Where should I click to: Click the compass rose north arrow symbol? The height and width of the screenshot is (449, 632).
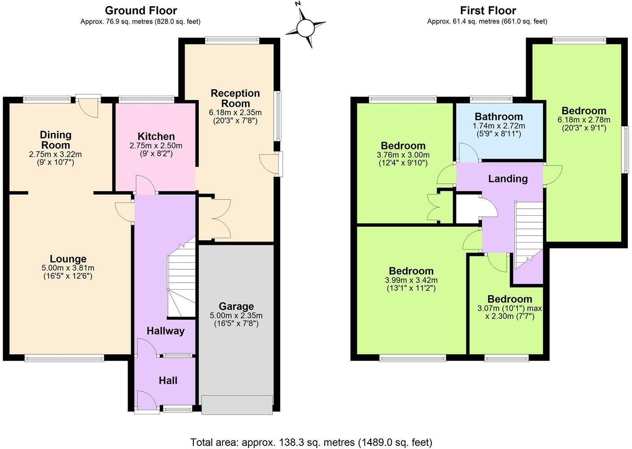click(x=306, y=27)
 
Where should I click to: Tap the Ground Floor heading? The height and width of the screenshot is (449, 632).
click(x=140, y=10)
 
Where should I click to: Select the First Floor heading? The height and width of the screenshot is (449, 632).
click(x=488, y=10)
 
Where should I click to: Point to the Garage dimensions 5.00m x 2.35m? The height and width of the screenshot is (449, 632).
click(x=236, y=316)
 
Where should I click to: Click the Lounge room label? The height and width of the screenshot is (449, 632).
click(x=68, y=259)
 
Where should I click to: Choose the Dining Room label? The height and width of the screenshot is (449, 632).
click(x=56, y=140)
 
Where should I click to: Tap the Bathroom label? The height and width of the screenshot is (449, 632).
click(x=499, y=117)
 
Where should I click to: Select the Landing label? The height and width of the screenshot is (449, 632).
click(x=508, y=179)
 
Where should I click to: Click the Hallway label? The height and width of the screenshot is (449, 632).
click(x=165, y=331)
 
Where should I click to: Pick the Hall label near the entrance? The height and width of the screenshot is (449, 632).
click(x=168, y=381)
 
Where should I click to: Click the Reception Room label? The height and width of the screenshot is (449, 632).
click(x=235, y=98)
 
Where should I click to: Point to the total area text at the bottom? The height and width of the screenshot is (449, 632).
click(x=311, y=442)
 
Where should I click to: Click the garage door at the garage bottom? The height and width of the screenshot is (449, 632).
click(x=237, y=405)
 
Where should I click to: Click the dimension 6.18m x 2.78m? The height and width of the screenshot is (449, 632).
click(x=584, y=120)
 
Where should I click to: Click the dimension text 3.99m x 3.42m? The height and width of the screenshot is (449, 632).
click(x=411, y=280)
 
